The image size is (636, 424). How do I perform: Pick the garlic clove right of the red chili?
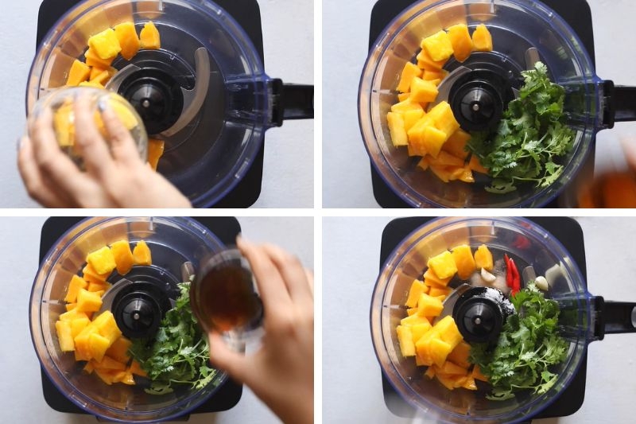coord(541,282)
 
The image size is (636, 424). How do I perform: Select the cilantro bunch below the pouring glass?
coord(175,350)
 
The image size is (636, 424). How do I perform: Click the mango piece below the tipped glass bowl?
coord(155,151)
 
